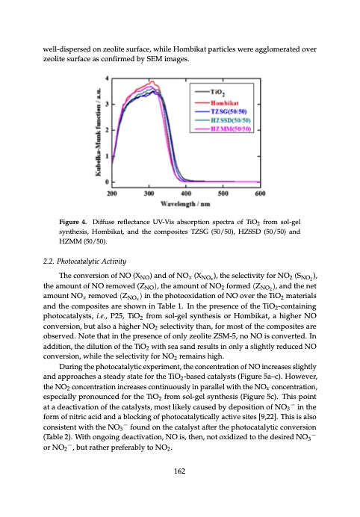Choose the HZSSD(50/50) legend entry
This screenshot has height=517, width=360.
[x=233, y=119]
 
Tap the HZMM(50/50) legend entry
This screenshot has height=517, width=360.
[x=233, y=130]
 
